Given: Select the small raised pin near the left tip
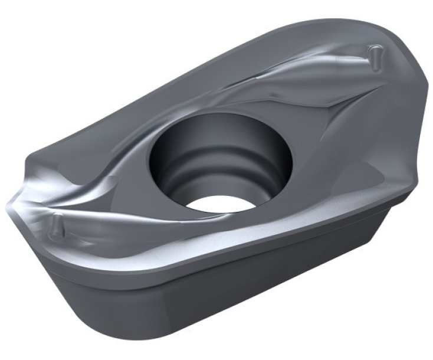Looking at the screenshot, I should click(55, 224).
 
